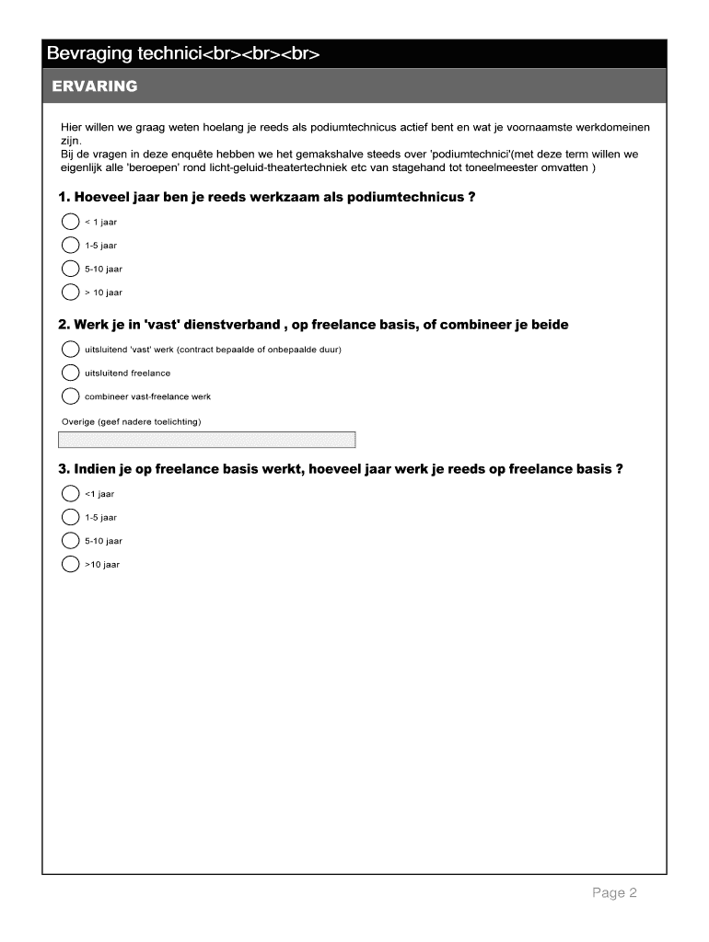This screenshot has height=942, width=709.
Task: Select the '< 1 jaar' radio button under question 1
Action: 70,222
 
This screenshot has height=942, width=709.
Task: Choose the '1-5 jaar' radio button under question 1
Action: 70,246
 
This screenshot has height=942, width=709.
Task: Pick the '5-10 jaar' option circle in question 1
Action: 70,269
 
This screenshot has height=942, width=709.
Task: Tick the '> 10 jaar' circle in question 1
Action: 70,293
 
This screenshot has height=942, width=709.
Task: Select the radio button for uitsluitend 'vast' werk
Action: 70,350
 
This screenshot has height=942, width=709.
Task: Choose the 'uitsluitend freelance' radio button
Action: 70,373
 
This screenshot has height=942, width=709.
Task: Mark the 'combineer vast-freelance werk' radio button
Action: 70,396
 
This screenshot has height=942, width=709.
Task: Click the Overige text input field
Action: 207,440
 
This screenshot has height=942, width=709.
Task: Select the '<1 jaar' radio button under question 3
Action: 70,493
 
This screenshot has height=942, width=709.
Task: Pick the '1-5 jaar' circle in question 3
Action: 70,517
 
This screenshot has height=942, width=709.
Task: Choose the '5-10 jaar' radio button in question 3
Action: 70,540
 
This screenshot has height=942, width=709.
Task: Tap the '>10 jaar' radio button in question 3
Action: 70,564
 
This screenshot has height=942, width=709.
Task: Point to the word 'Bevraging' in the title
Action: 90,54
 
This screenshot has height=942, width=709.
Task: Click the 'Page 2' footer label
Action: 614,893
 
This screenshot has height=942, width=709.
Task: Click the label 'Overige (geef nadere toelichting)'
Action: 130,421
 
